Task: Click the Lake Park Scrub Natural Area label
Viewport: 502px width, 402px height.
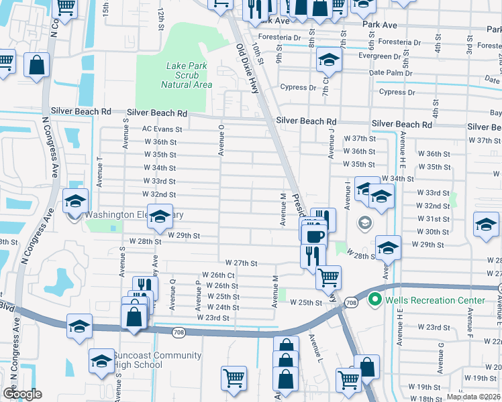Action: pyautogui.click(x=187, y=75)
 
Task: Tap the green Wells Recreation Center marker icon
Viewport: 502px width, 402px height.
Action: pyautogui.click(x=375, y=300)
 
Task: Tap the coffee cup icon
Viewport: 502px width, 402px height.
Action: pyautogui.click(x=313, y=235)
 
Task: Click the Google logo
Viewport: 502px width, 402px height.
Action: pyautogui.click(x=22, y=394)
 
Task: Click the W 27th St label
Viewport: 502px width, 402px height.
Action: pyautogui.click(x=241, y=263)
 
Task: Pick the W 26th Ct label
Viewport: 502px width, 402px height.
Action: pyautogui.click(x=217, y=275)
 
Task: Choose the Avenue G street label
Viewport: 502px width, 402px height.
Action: pyautogui.click(x=441, y=354)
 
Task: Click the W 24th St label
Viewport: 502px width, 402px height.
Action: pyautogui.click(x=223, y=308)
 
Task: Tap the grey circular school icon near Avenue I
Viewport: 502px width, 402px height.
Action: pyautogui.click(x=365, y=223)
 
